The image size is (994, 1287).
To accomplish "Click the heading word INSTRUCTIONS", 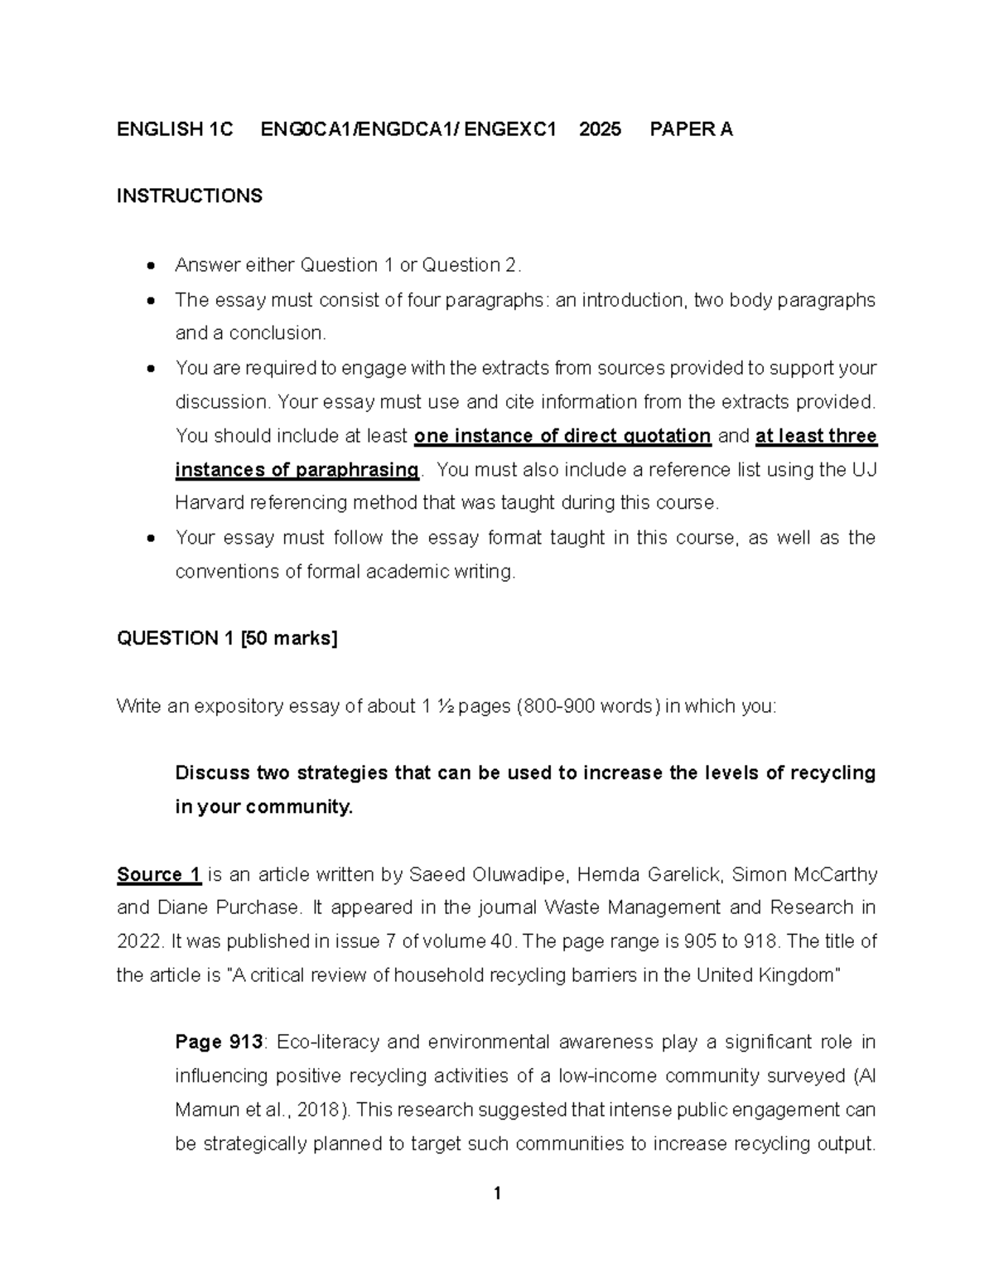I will click(189, 196).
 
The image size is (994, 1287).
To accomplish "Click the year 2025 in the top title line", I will click(601, 129).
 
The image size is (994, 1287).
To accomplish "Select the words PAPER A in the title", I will click(691, 129).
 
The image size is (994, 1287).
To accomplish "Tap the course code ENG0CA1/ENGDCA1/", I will click(360, 129).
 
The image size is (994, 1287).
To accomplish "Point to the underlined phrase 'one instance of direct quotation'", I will click(562, 436).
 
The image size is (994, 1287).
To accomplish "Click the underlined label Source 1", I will click(159, 874).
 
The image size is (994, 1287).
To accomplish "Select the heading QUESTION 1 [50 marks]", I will click(227, 638).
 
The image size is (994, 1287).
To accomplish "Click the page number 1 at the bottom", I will click(497, 1193).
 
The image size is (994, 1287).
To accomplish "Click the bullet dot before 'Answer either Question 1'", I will click(150, 266).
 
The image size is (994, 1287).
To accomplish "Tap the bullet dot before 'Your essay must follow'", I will click(150, 539).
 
